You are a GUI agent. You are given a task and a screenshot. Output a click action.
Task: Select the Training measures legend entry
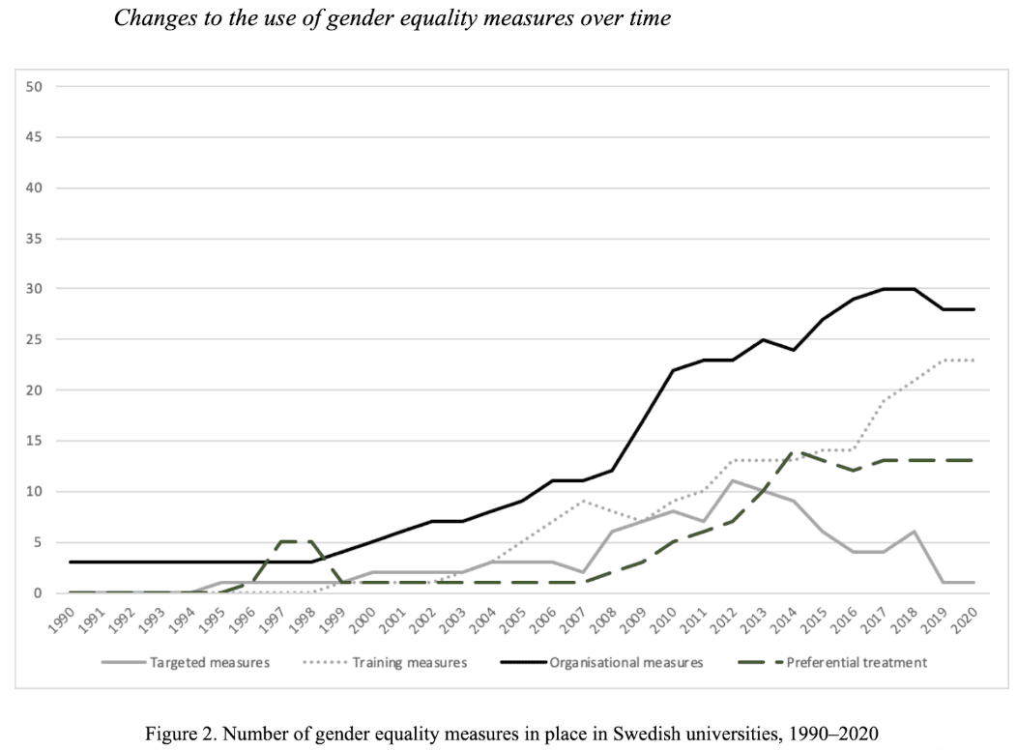coord(407,663)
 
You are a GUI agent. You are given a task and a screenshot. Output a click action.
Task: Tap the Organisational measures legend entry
coord(623,663)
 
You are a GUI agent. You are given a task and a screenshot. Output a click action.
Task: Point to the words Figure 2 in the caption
coord(180,734)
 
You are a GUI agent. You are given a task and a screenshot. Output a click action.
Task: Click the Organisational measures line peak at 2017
coord(884,289)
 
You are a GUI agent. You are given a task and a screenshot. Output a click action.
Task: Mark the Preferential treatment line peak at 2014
coord(794,451)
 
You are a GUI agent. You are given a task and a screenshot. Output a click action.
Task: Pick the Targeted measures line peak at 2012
coord(734,480)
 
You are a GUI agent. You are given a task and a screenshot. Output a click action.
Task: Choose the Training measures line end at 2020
coord(973,361)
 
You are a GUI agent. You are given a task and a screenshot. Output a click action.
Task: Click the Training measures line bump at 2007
coord(584,501)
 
